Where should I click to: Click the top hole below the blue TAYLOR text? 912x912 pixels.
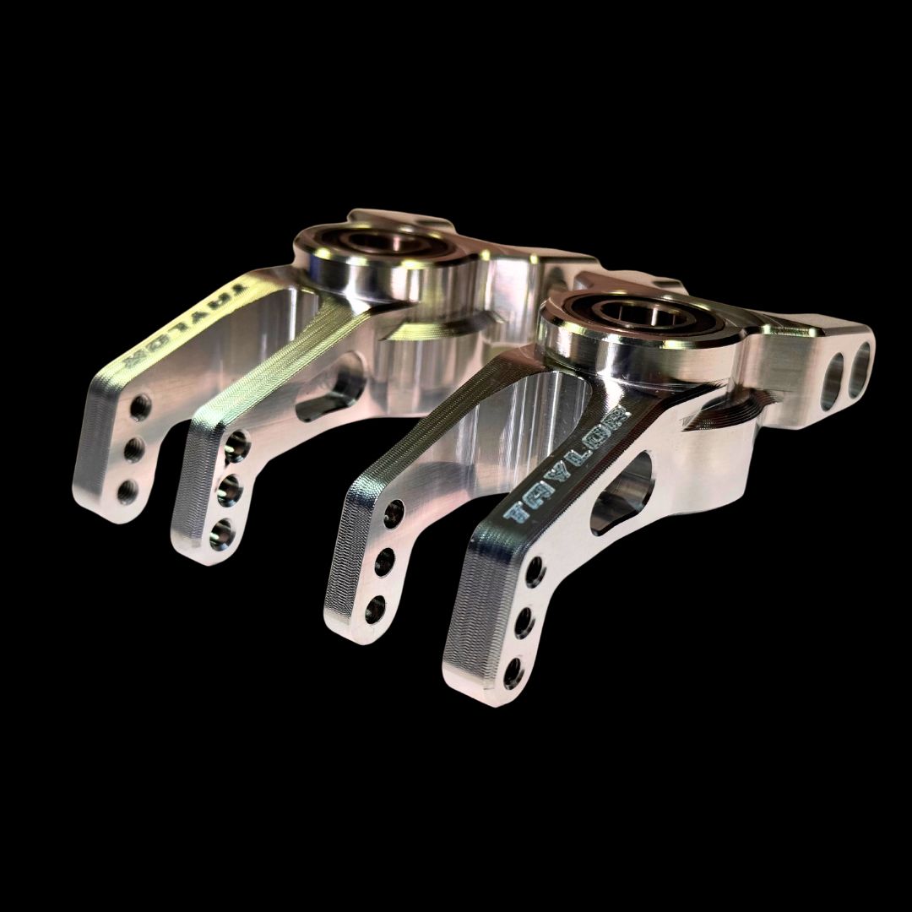[x=535, y=573]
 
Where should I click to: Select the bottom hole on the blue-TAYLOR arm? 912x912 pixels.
[x=512, y=671]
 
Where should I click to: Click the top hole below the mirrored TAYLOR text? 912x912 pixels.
[x=139, y=408]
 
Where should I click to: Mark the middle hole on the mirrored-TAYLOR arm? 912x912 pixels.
[x=133, y=448]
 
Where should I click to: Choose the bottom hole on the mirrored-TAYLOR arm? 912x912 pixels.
[x=128, y=490]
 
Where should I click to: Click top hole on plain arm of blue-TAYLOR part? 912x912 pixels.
[x=394, y=513]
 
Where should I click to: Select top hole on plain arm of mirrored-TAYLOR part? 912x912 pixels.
[x=237, y=443]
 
